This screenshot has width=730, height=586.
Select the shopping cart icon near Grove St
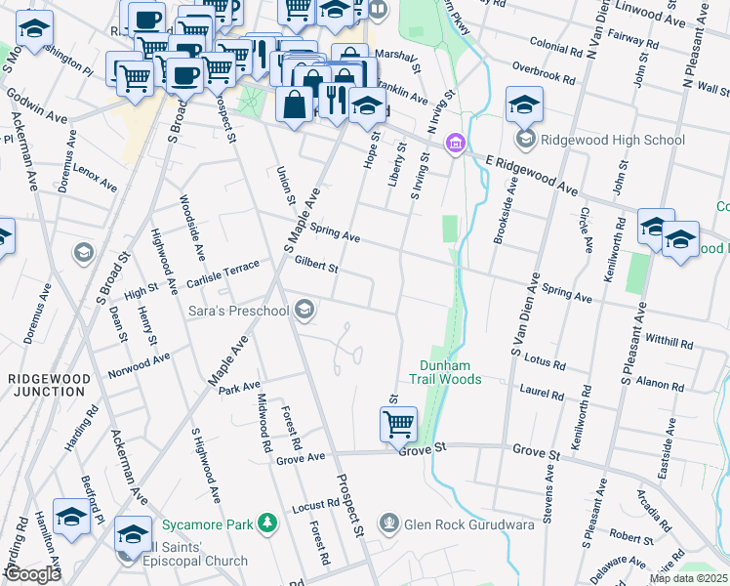398,425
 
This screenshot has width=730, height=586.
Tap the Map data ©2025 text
688,578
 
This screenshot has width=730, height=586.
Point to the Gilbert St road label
316,265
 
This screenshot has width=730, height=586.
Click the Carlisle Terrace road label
224,274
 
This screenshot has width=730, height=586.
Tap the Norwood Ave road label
139,365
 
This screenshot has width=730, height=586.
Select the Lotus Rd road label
547,361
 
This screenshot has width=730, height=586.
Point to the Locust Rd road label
315,508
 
